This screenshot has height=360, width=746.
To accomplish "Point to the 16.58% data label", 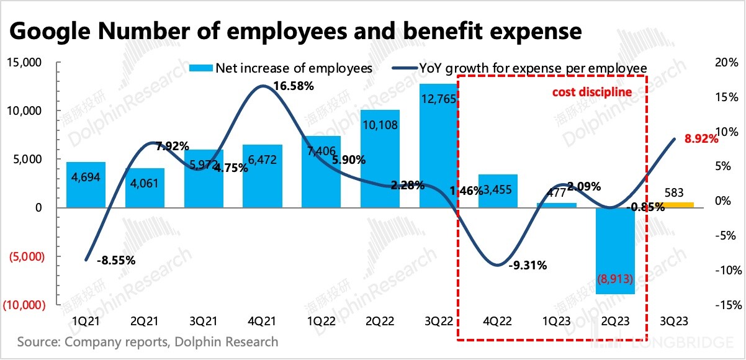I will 293,86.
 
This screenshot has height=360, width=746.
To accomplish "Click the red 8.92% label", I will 701,140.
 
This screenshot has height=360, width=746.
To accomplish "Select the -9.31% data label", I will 528,266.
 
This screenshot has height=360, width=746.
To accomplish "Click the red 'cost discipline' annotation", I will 592,92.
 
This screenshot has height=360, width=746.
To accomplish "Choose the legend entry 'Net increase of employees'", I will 282,68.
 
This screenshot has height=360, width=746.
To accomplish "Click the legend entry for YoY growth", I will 519,68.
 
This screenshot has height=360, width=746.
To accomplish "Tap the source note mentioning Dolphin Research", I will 148,342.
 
